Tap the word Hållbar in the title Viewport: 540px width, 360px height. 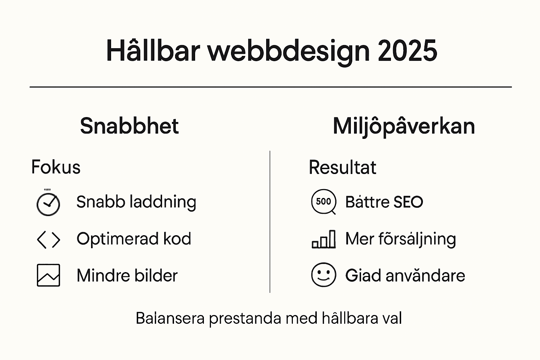pyautogui.click(x=153, y=51)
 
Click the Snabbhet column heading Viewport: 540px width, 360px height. pyautogui.click(x=129, y=126)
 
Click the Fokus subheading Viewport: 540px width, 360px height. pyautogui.click(x=56, y=167)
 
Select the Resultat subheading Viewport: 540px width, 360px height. pyautogui.click(x=342, y=167)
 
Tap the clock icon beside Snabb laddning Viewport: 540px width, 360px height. pyautogui.click(x=48, y=204)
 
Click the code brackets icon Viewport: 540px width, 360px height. pyautogui.click(x=49, y=240)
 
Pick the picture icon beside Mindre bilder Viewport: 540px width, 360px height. pyautogui.click(x=49, y=275)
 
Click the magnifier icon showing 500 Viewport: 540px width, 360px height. pyautogui.click(x=324, y=202)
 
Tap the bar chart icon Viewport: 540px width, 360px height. pyautogui.click(x=324, y=240)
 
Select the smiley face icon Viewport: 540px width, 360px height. pyautogui.click(x=324, y=275)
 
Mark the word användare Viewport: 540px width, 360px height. pyautogui.click(x=425, y=275)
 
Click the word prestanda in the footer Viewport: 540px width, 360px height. pyautogui.click(x=245, y=319)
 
